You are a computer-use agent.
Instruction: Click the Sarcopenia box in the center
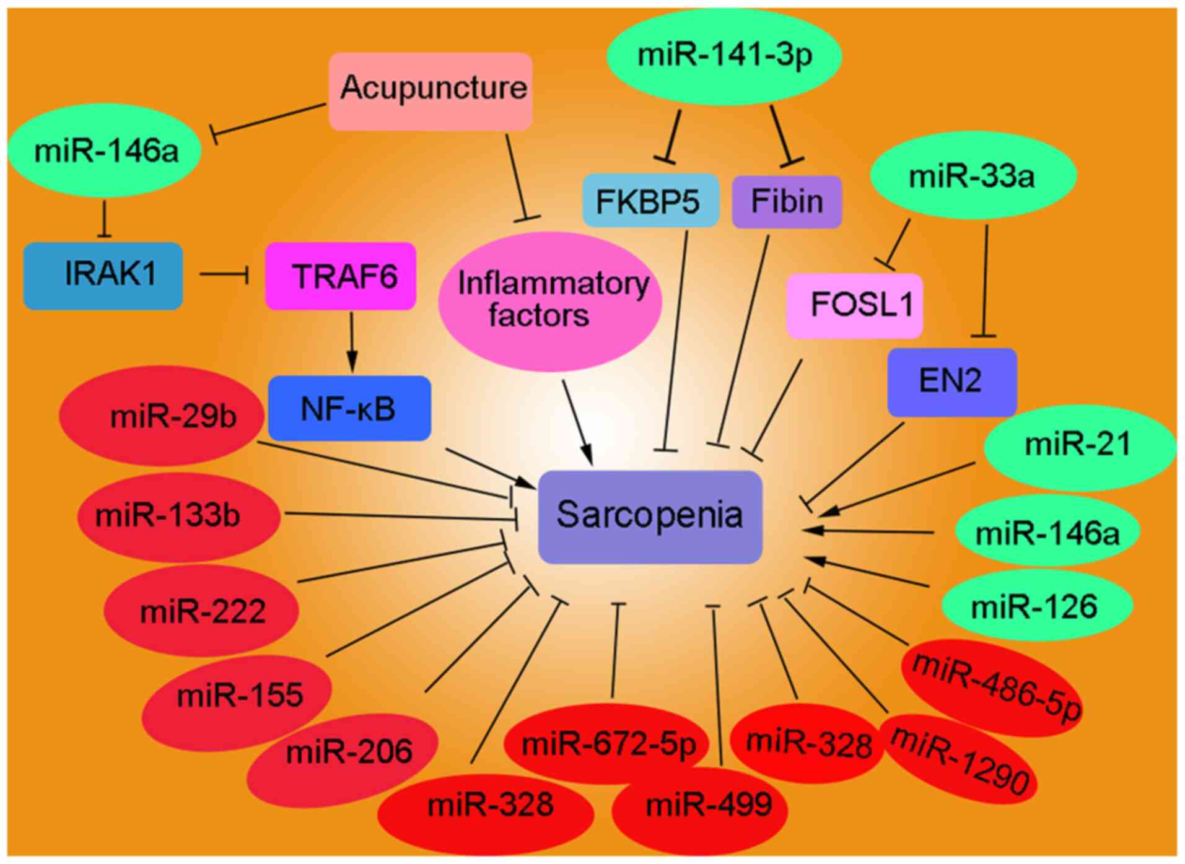650,517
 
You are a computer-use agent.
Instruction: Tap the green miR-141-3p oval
724,56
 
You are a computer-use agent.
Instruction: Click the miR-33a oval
973,176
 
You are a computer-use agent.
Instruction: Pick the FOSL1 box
854,305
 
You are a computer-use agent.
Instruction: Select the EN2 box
951,382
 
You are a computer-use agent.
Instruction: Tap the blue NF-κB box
349,408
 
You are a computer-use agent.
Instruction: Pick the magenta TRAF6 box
341,276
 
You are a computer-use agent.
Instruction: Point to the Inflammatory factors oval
550,301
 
